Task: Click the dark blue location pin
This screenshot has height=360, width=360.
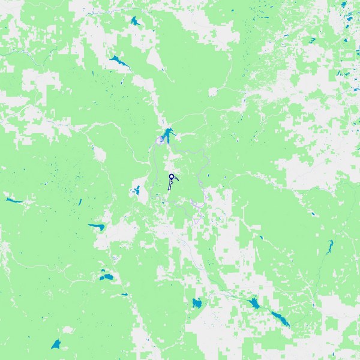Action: click(172, 176)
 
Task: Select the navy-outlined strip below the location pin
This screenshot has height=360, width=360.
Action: click(170, 185)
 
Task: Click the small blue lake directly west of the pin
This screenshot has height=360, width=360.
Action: click(137, 191)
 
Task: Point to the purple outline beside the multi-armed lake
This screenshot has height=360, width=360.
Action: click(160, 140)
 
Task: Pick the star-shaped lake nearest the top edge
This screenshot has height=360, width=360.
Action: click(134, 22)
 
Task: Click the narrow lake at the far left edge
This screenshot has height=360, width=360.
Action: click(12, 200)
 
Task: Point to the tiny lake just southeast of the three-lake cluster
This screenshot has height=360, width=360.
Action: click(125, 294)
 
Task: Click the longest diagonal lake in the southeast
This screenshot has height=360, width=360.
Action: click(280, 318)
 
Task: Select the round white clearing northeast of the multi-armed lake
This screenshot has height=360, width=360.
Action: click(212, 92)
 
